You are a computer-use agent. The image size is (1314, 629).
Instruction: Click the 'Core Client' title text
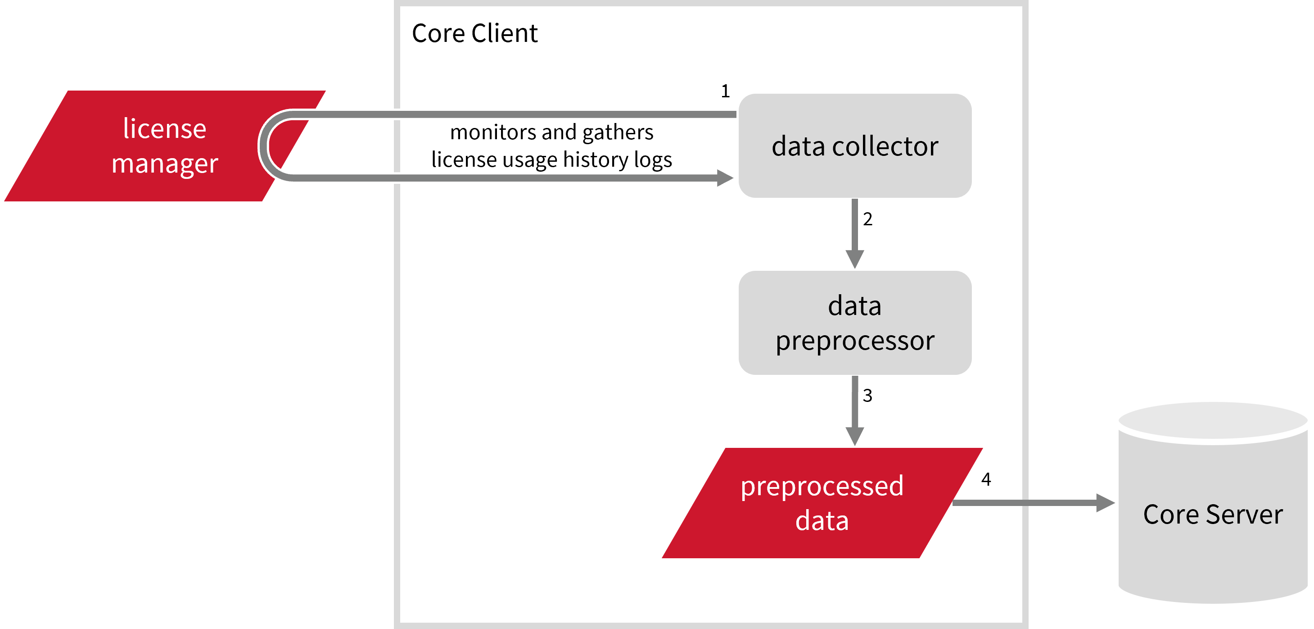pyautogui.click(x=474, y=34)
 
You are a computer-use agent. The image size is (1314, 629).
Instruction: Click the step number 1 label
pyautogui.click(x=725, y=91)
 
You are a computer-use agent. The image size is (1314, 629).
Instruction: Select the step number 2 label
pyautogui.click(x=867, y=219)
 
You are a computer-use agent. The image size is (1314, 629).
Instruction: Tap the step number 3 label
pyautogui.click(x=867, y=396)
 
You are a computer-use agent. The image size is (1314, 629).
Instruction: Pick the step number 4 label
pyautogui.click(x=986, y=479)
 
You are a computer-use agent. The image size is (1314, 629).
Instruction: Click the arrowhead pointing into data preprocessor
pyautogui.click(x=855, y=259)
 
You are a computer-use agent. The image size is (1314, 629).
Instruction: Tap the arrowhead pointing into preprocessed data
pyautogui.click(x=855, y=436)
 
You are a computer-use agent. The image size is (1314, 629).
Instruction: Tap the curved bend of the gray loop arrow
pyautogui.click(x=264, y=146)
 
